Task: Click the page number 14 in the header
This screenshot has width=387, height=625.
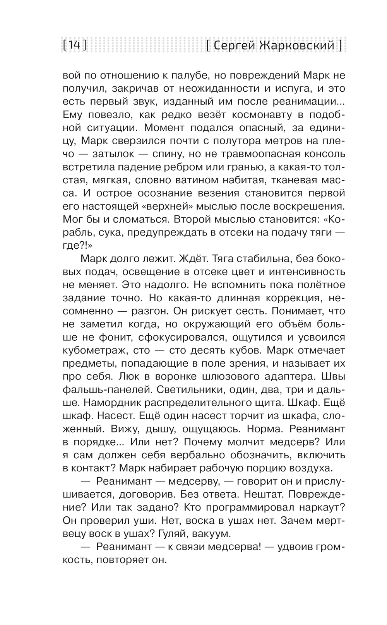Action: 74,45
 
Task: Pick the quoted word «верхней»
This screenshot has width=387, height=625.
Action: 169,206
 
